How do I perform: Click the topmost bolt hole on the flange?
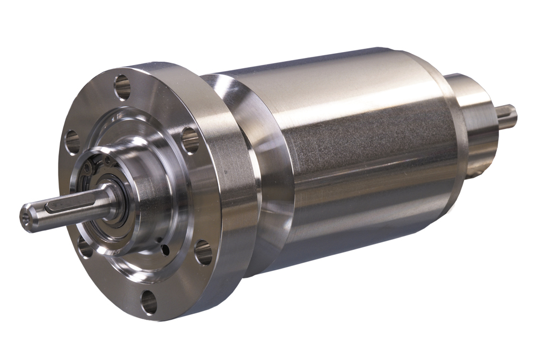point(122,87)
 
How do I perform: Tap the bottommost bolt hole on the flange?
point(149,301)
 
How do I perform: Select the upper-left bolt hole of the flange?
point(72,142)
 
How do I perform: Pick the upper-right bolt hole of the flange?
point(190,140)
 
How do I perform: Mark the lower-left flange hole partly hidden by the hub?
point(85,248)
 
